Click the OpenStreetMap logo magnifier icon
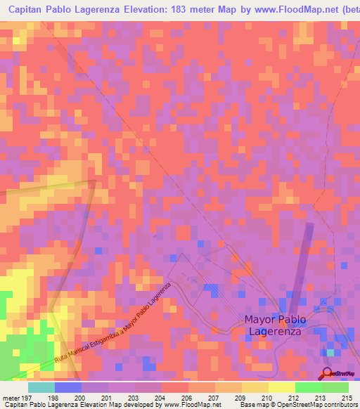tap(327, 373)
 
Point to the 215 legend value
tap(347, 397)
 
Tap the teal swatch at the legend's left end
tap(41, 387)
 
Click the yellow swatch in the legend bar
tap(281, 387)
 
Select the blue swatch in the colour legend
tap(68, 387)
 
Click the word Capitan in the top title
tap(27, 11)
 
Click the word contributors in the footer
tap(341, 405)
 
